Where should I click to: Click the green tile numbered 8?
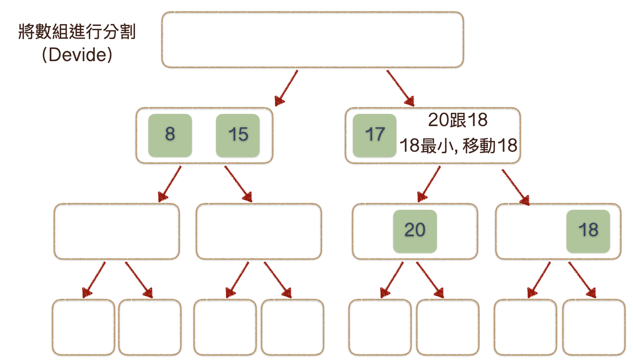click(x=170, y=135)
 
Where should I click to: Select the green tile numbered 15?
click(x=238, y=135)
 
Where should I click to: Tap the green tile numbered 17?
click(x=374, y=135)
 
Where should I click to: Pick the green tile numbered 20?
click(x=415, y=231)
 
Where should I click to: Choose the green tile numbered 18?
click(x=588, y=231)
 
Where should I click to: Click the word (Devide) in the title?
click(x=77, y=55)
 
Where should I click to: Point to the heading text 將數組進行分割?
click(x=77, y=32)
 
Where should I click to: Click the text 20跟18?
click(x=458, y=120)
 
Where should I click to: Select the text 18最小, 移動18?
click(x=458, y=146)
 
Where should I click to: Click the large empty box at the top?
click(x=312, y=40)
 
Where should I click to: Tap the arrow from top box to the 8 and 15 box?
click(x=286, y=88)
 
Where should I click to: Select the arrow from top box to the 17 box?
click(x=400, y=88)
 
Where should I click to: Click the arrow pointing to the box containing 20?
click(x=429, y=184)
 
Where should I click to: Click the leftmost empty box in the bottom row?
click(x=83, y=327)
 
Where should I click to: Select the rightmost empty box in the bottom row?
click(x=594, y=327)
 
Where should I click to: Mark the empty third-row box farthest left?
click(x=117, y=231)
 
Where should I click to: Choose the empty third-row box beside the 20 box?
click(x=259, y=231)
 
